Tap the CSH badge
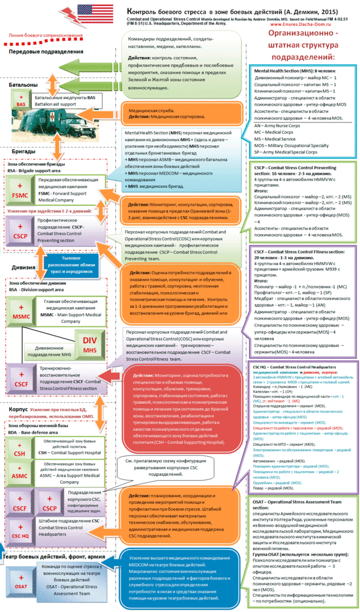point(20,451)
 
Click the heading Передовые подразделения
point(46,52)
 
